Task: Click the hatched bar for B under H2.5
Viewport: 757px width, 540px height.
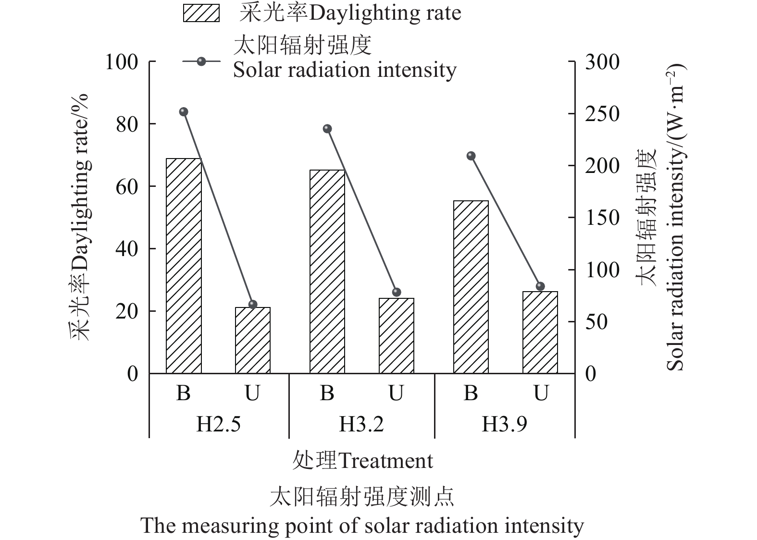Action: (x=184, y=266)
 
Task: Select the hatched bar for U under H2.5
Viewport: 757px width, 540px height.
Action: (x=253, y=340)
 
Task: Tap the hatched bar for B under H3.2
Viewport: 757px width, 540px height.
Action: (x=327, y=271)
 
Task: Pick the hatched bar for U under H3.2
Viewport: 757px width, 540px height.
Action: (x=397, y=336)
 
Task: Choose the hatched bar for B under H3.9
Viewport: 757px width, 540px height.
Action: (x=471, y=287)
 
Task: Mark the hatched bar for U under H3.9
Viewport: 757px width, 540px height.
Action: (x=540, y=332)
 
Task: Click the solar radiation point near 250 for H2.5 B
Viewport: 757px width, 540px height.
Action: (x=184, y=112)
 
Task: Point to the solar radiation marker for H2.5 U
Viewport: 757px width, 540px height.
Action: (x=253, y=304)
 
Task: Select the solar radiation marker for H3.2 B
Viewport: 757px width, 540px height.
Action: (x=327, y=129)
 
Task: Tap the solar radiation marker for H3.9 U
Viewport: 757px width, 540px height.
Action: (x=540, y=286)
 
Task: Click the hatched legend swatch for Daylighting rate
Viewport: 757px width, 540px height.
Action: (x=201, y=13)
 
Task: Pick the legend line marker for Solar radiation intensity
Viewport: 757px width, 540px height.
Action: (x=201, y=61)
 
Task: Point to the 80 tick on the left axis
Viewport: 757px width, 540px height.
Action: (x=127, y=124)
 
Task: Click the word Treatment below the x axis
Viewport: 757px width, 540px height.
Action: (x=385, y=461)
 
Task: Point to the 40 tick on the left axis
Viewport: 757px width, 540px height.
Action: (x=127, y=249)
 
